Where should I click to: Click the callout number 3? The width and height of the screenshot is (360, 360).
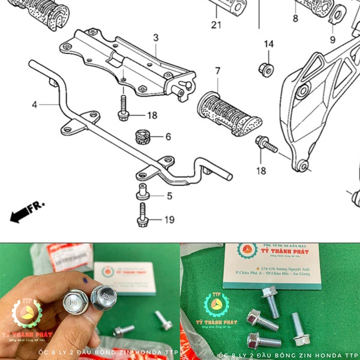pyautogui.click(x=155, y=38)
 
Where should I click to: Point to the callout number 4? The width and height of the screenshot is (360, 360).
pyautogui.click(x=35, y=104)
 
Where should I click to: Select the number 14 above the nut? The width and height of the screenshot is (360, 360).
pyautogui.click(x=268, y=44)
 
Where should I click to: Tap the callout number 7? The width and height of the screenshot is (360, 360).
pyautogui.click(x=217, y=71)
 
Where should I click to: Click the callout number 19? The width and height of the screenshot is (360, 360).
pyautogui.click(x=169, y=220)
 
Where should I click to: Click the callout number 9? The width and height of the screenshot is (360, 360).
pyautogui.click(x=332, y=40)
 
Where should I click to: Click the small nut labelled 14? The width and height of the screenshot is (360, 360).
pyautogui.click(x=265, y=67)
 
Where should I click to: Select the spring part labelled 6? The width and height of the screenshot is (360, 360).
pyautogui.click(x=143, y=136)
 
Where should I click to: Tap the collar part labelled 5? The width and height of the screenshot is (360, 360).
pyautogui.click(x=144, y=193)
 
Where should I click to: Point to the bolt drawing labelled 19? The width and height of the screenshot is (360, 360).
pyautogui.click(x=143, y=214)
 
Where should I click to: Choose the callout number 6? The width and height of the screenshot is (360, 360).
pyautogui.click(x=168, y=137)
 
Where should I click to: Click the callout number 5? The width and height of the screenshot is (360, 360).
pyautogui.click(x=169, y=196)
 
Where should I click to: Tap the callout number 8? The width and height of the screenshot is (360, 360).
pyautogui.click(x=295, y=19)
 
